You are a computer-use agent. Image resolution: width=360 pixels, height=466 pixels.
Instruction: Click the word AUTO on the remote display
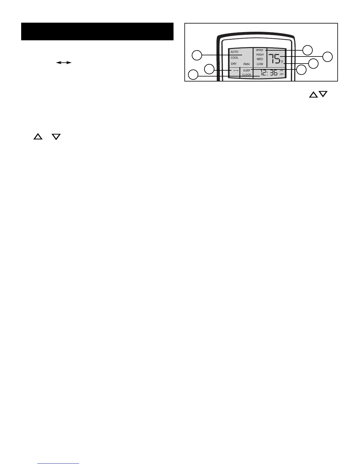234,52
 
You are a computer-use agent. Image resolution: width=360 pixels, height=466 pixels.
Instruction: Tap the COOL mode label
234,58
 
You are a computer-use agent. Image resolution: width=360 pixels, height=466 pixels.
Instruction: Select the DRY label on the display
234,64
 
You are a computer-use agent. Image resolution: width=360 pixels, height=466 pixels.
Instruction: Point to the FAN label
246,64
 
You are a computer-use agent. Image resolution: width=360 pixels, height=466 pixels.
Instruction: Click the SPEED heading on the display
259,50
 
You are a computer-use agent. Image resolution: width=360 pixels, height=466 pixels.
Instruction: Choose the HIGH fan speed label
260,55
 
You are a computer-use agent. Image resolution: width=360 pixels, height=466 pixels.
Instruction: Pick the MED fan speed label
260,59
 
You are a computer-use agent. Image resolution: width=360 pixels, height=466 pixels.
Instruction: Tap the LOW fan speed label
260,64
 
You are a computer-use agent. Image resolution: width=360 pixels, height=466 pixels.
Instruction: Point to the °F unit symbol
282,62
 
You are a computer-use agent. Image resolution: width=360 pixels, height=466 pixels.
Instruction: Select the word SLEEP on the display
246,71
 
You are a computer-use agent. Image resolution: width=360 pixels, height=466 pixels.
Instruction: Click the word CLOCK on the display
246,75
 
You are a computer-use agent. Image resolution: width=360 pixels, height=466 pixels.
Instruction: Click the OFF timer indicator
282,74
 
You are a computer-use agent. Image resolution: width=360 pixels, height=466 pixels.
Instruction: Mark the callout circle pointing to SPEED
308,50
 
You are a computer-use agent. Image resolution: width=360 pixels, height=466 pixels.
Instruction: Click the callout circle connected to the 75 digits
328,56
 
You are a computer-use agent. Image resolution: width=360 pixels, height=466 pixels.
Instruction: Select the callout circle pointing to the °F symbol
314,64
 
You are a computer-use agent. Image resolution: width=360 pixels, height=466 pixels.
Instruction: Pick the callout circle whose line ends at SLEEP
301,70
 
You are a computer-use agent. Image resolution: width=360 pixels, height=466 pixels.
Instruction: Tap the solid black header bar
97,31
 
